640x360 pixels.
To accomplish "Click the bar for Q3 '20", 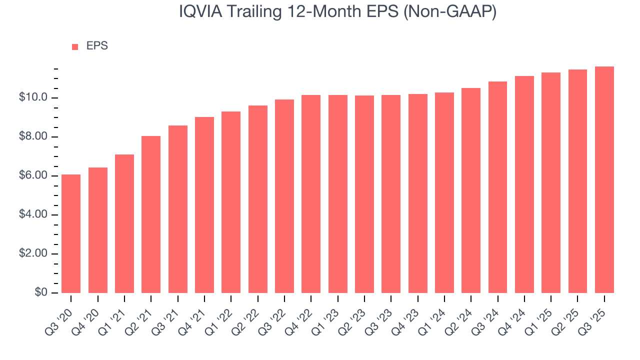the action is coord(71,233).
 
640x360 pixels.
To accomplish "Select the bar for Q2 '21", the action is coord(151,214).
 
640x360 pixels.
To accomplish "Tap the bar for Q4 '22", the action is coord(311,194).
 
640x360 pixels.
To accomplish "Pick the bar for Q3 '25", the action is coord(604,179).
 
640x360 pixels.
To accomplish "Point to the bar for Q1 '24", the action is coord(444,192).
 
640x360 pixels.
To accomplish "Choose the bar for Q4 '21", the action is coord(204,205).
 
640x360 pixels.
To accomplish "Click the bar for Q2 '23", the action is coord(364,194).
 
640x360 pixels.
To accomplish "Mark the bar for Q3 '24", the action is coord(497,187).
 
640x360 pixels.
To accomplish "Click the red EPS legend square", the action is coord(75,46).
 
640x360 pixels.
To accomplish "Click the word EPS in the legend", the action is coord(97,46).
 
